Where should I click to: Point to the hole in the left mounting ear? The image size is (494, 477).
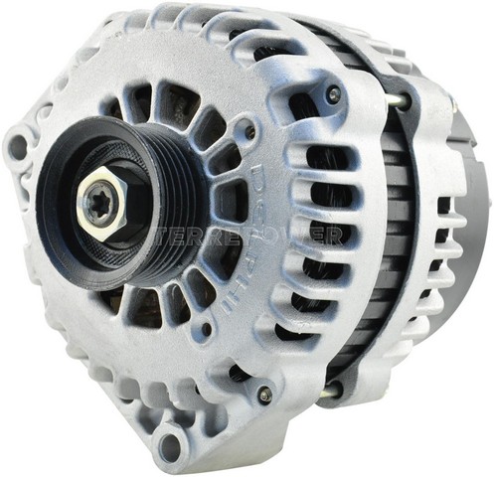[19, 148]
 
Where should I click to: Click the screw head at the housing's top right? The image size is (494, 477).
[334, 94]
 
